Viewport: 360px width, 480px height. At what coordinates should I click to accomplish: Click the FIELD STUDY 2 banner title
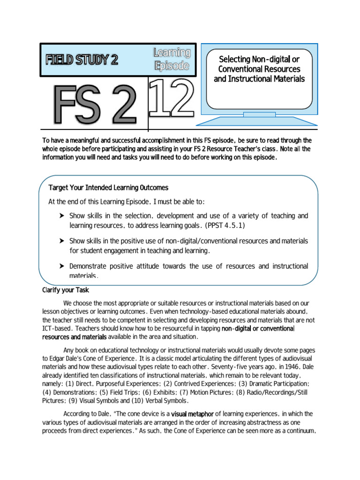click(82, 60)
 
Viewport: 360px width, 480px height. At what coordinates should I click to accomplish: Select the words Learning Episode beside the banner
click(172, 59)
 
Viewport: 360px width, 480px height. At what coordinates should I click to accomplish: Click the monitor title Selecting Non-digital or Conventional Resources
click(259, 69)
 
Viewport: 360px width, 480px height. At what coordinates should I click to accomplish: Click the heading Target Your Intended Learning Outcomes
click(108, 188)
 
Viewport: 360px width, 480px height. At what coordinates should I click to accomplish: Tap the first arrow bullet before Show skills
click(61, 216)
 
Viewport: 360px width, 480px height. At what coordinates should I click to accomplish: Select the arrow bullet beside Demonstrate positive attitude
click(61, 266)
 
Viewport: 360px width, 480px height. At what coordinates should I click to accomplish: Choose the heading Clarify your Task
click(66, 290)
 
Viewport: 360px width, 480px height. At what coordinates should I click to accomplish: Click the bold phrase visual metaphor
click(192, 414)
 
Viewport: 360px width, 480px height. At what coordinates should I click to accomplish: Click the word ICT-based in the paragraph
click(57, 329)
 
